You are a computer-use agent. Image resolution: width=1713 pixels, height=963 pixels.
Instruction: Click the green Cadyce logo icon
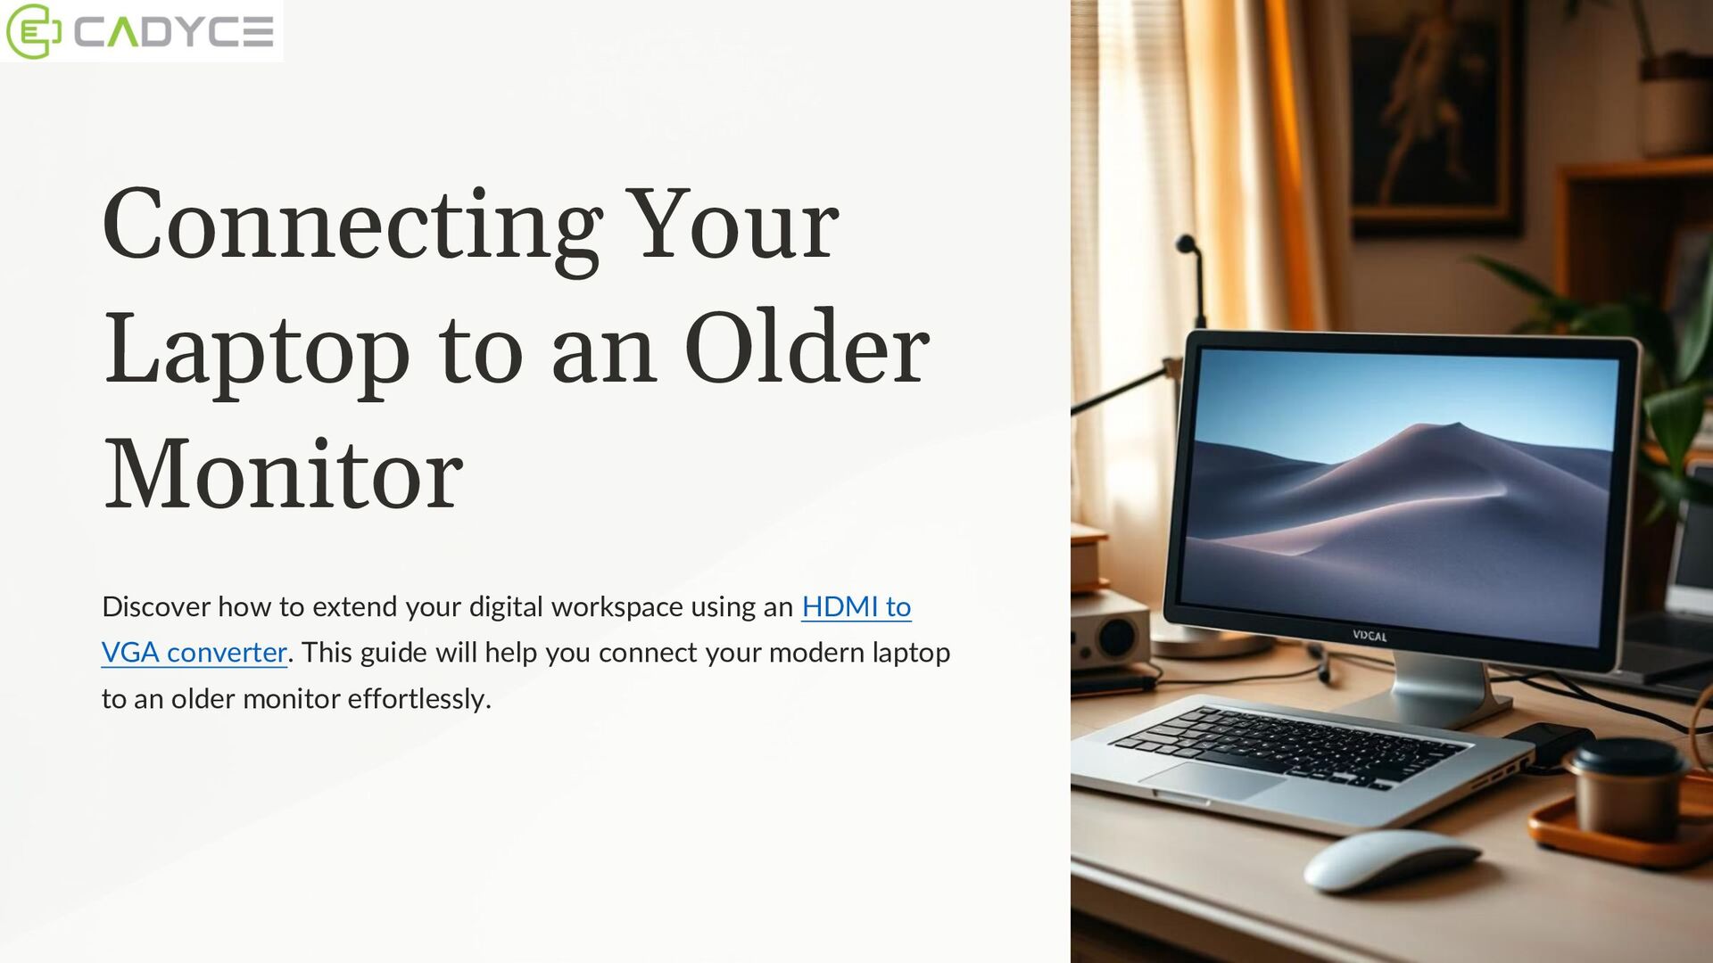pyautogui.click(x=33, y=31)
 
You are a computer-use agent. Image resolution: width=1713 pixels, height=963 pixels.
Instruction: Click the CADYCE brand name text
pyautogui.click(x=173, y=32)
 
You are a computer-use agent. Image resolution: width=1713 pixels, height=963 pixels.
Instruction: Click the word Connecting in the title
pyautogui.click(x=352, y=226)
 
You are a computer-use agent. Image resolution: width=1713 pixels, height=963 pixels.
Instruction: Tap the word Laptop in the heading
pyautogui.click(x=257, y=351)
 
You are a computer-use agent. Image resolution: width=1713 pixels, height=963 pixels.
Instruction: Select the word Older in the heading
pyautogui.click(x=807, y=349)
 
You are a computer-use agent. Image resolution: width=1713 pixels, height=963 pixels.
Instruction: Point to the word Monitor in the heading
pyautogui.click(x=284, y=474)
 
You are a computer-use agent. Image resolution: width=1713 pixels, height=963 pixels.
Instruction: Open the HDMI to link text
pyautogui.click(x=856, y=606)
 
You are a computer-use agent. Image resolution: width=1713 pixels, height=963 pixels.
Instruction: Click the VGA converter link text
pyautogui.click(x=194, y=653)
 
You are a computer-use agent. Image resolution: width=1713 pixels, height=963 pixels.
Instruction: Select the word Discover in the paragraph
pyautogui.click(x=156, y=606)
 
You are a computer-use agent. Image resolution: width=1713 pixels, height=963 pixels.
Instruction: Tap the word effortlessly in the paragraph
pyautogui.click(x=418, y=699)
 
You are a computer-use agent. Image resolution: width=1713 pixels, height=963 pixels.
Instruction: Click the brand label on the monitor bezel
pyautogui.click(x=1370, y=636)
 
